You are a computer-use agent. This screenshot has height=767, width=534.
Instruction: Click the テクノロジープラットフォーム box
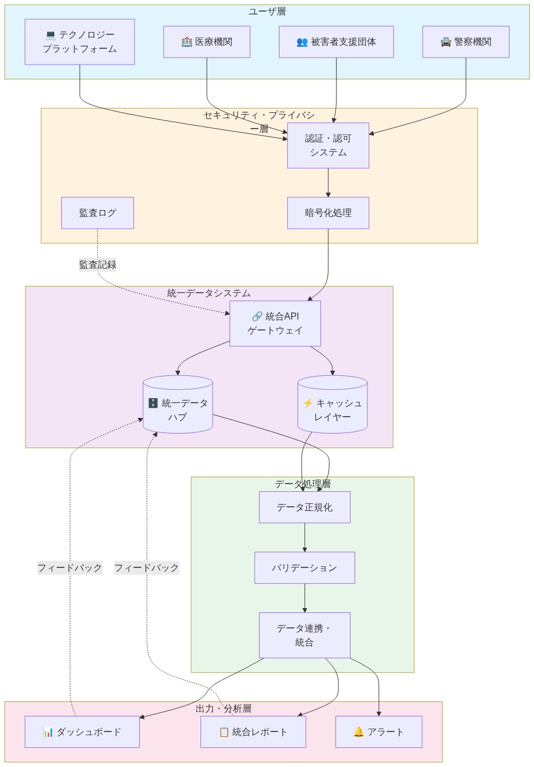pos(80,42)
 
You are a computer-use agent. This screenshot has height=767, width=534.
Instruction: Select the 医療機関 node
pos(207,42)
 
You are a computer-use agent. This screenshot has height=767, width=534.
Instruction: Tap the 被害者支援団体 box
pos(336,42)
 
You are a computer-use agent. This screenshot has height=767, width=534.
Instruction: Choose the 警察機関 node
pos(466,42)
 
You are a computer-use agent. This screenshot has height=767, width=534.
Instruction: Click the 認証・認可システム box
pos(328,145)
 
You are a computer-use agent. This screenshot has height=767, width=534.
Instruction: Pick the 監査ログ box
pos(97,213)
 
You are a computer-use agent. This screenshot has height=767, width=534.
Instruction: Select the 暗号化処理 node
pos(328,213)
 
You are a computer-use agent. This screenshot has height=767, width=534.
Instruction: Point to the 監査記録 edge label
pos(97,265)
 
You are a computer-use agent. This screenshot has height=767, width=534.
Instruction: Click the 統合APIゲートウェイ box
pos(275,324)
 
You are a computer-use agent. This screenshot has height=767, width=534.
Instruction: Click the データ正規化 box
pos(305,507)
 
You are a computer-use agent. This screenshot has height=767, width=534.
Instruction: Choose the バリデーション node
pos(305,568)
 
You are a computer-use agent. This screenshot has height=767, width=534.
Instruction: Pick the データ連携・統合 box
pos(305,635)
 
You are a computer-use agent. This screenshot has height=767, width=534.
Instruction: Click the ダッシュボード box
pos(82,732)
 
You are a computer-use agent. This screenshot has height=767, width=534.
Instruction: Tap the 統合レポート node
pos(253,732)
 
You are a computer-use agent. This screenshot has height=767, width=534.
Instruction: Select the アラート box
pos(379,732)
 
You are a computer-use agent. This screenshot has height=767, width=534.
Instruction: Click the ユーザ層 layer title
pos(267,12)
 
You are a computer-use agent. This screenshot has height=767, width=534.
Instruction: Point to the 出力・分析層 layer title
pos(224,709)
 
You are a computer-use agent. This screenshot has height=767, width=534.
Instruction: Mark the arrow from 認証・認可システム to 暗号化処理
pos(328,183)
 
